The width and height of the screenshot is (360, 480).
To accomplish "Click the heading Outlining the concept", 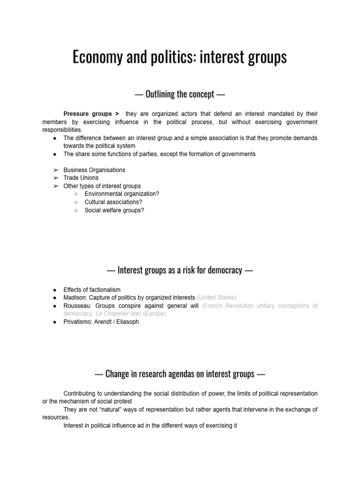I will pyautogui.click(x=180, y=94).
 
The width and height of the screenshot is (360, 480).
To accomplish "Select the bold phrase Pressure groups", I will pyautogui.click(x=88, y=114).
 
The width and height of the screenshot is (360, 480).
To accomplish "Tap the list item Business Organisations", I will pyautogui.click(x=94, y=170).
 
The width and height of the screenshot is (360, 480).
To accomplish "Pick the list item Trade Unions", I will pyautogui.click(x=81, y=178).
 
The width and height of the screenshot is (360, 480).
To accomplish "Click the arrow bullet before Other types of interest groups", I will pyautogui.click(x=56, y=186).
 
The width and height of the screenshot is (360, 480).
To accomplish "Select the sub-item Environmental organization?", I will pyautogui.click(x=122, y=194).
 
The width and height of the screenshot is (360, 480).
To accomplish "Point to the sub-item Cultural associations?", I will pyautogui.click(x=113, y=202).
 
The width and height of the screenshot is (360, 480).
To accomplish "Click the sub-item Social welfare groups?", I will pyautogui.click(x=114, y=210).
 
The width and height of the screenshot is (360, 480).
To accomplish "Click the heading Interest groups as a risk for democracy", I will pyautogui.click(x=180, y=270).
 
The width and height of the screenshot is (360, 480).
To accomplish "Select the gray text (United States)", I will pyautogui.click(x=217, y=298).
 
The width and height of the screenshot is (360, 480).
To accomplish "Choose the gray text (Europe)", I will pyautogui.click(x=154, y=314).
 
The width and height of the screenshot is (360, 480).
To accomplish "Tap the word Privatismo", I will pyautogui.click(x=78, y=322).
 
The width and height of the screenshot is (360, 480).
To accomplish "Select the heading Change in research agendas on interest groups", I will pyautogui.click(x=180, y=374).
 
